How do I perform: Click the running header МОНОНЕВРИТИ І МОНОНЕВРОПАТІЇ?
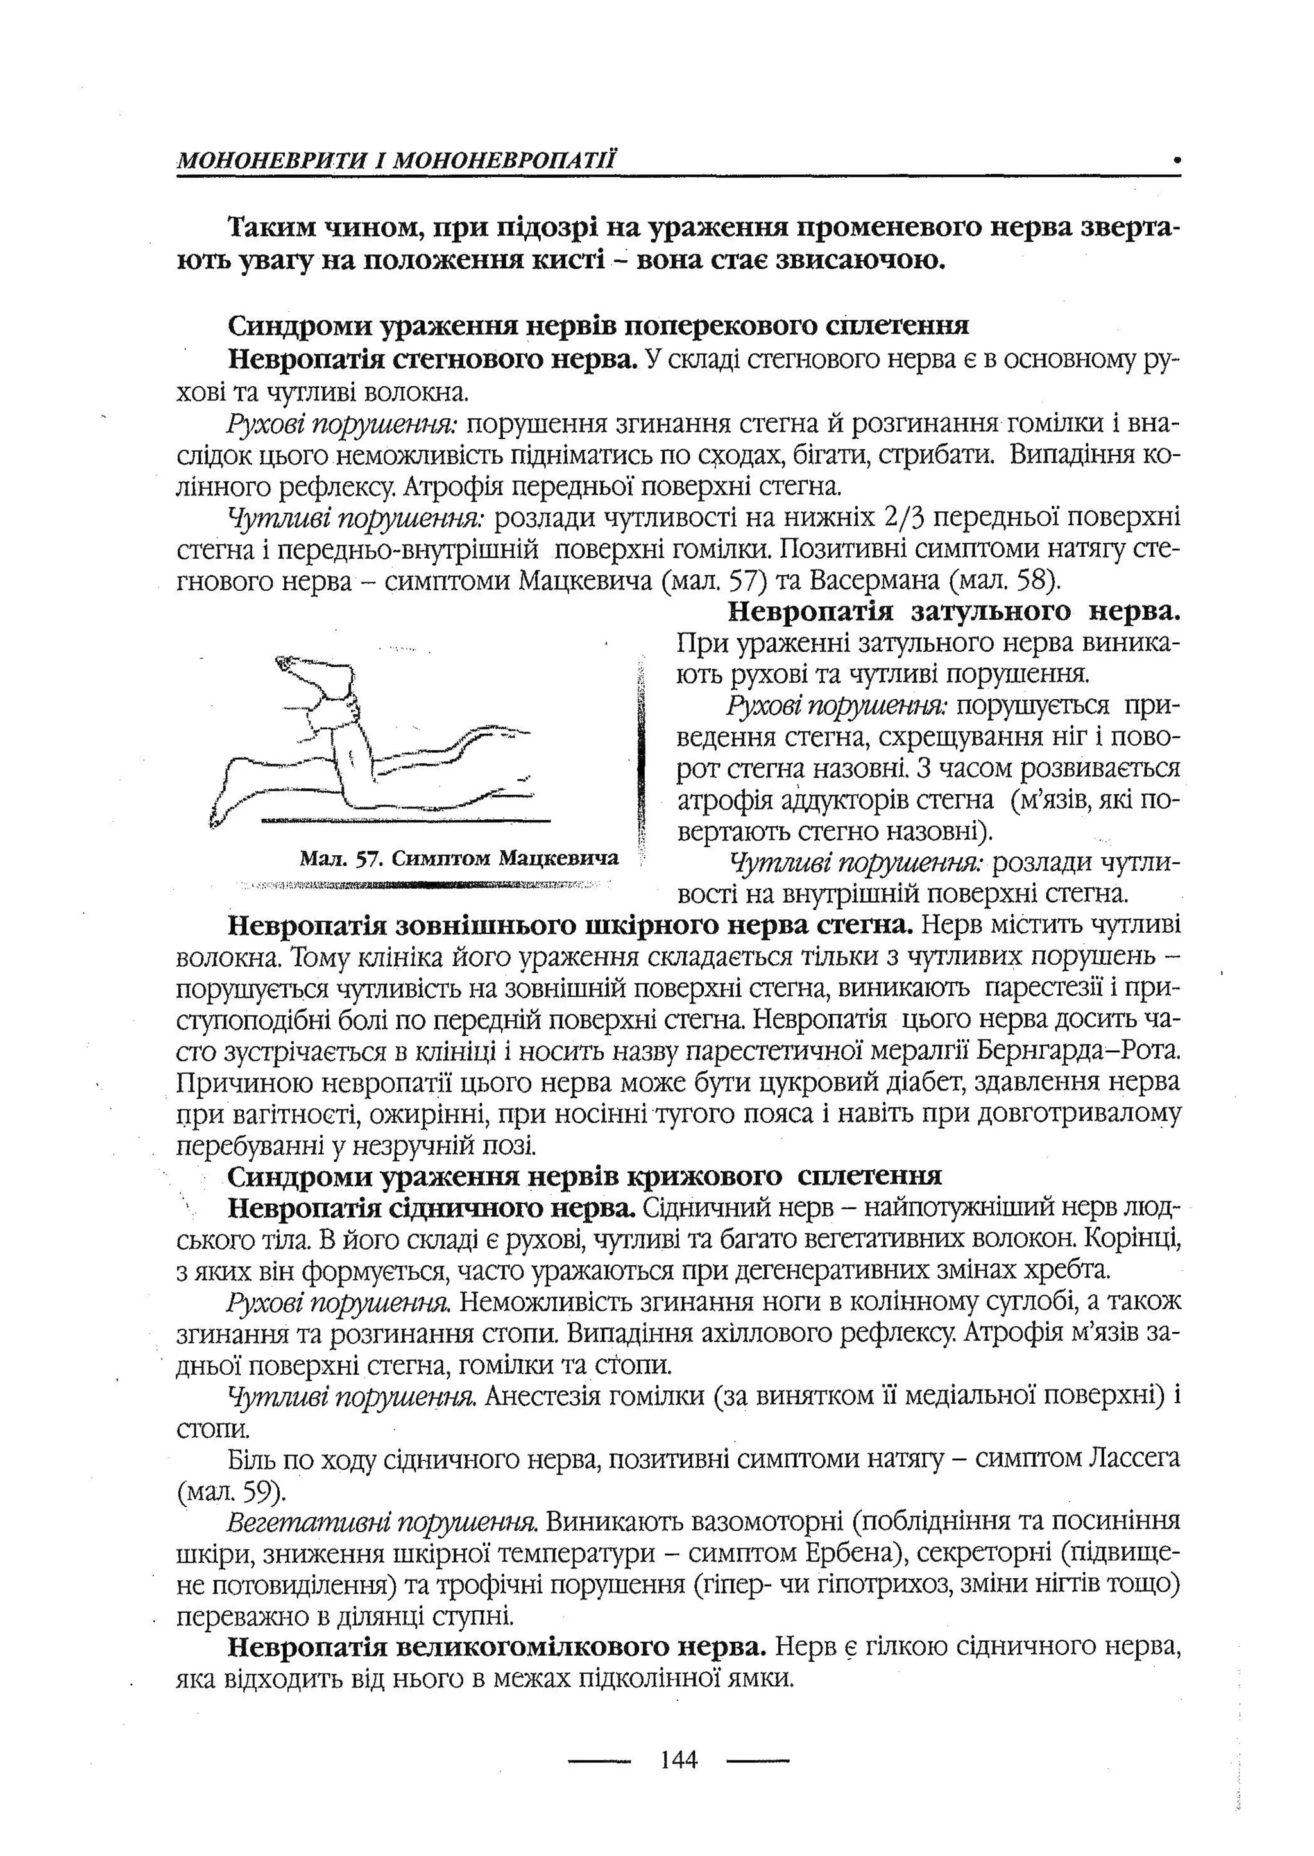pos(397,160)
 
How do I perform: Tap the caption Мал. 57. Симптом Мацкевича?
pos(458,858)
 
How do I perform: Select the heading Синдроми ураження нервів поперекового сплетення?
pos(598,325)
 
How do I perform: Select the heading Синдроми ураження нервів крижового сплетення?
pos(584,1175)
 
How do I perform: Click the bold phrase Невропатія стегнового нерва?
pos(433,359)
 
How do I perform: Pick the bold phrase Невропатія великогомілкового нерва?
pos(497,1646)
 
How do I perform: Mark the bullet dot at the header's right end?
pos(1177,160)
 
